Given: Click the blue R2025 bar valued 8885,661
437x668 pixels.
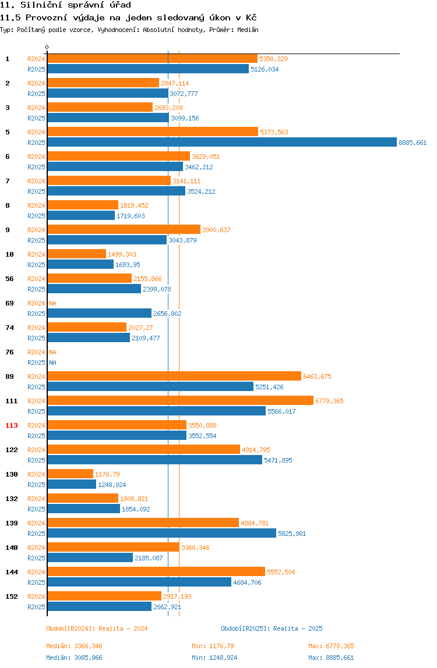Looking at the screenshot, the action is (x=222, y=143).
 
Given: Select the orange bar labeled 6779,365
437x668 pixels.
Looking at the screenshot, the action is (x=181, y=400).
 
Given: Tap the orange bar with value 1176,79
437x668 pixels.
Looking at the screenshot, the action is (x=71, y=474).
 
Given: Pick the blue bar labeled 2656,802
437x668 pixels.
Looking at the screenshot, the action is (x=100, y=313).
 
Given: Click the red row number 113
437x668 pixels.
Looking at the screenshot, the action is (x=12, y=425).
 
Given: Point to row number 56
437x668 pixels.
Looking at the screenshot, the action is (x=9, y=279).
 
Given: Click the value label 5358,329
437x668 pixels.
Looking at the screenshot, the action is (x=273, y=59).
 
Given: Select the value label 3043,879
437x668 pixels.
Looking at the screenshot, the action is (x=182, y=240).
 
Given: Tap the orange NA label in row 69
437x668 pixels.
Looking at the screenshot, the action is (x=52, y=303).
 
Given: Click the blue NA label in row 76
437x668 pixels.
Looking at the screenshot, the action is (x=52, y=363).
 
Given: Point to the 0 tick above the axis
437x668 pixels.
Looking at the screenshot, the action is (x=47, y=47).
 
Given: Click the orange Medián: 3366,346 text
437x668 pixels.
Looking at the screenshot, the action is (x=74, y=646).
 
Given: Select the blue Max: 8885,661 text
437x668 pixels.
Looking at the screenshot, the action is (x=331, y=658).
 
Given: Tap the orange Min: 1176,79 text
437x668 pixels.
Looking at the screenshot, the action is (x=213, y=646).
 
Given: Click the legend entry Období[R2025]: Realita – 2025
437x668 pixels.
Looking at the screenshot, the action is (x=272, y=628).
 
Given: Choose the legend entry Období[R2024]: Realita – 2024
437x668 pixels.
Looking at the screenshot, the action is (x=97, y=628).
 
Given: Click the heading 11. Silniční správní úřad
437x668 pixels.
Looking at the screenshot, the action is (x=66, y=5).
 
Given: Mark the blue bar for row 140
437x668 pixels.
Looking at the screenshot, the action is (x=90, y=557).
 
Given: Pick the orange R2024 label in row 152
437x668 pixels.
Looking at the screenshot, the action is (x=36, y=596).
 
